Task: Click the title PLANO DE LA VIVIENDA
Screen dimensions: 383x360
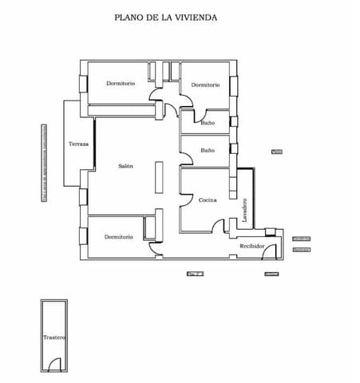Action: (x=166, y=17)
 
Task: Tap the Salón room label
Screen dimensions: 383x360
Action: (x=125, y=166)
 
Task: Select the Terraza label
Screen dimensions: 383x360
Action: (x=78, y=144)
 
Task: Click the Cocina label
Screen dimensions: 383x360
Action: (x=208, y=199)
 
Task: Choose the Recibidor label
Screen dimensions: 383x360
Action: (x=251, y=247)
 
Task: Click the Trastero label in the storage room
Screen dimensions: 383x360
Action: (x=53, y=338)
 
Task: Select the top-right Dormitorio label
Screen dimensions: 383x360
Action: (x=205, y=85)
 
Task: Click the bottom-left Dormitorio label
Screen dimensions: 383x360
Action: (x=118, y=237)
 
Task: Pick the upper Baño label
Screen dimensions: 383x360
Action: (x=207, y=123)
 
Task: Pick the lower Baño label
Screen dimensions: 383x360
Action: (x=207, y=150)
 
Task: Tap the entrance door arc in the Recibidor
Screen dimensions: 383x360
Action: (x=270, y=252)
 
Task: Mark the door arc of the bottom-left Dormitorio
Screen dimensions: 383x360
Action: (x=154, y=250)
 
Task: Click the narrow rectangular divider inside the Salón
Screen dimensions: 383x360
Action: (x=159, y=176)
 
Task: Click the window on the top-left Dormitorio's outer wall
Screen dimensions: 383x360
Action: (x=83, y=85)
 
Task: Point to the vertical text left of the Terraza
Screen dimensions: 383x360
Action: (x=44, y=164)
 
